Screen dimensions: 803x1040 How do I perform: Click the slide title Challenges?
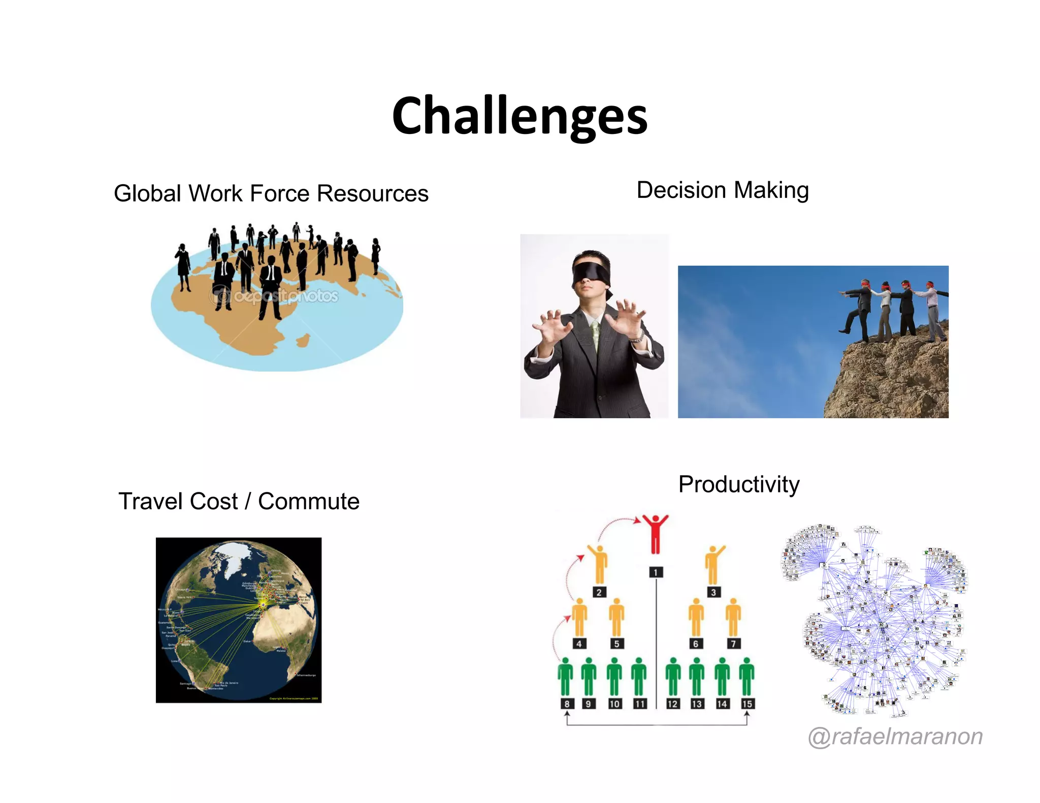[519, 116]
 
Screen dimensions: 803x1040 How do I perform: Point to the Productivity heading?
[739, 484]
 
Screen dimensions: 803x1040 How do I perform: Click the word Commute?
[309, 501]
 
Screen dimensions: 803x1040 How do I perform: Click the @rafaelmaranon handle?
[895, 736]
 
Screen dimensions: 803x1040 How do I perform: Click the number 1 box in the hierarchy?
[656, 573]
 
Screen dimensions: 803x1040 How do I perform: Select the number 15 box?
[747, 704]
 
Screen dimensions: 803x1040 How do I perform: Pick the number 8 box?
[567, 704]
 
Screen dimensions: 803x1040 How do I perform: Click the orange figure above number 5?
[616, 617]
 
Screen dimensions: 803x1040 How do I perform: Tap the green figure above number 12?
[673, 677]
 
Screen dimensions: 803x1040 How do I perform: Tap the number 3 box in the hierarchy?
[713, 592]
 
